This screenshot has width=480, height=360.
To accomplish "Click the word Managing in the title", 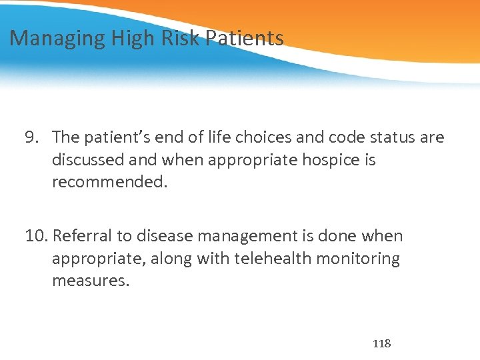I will tap(57, 39).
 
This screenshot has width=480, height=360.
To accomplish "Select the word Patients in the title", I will tap(244, 38).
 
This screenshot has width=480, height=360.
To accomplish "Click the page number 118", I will tap(381, 344).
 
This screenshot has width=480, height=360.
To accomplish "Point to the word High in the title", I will tap(131, 39).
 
